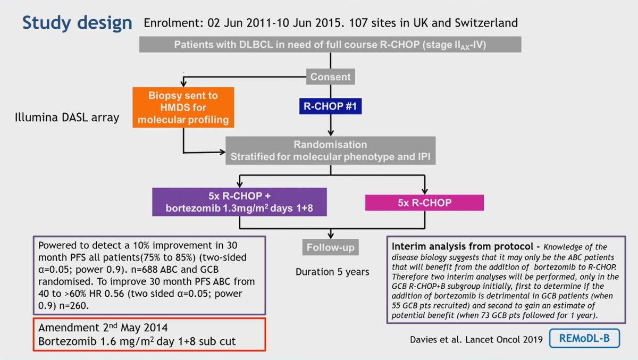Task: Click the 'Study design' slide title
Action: (77, 23)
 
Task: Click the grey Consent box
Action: (330, 77)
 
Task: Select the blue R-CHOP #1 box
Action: (330, 106)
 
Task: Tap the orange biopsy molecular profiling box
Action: (183, 107)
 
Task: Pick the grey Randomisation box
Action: (330, 150)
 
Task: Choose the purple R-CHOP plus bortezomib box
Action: (239, 202)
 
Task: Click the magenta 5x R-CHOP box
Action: (424, 203)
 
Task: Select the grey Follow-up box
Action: (330, 247)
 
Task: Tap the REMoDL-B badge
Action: (584, 338)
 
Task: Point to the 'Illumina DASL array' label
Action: (67, 118)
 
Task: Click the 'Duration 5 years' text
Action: (332, 272)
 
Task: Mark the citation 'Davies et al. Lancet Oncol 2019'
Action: (476, 339)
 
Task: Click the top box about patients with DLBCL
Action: (330, 45)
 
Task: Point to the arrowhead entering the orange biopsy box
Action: (183, 85)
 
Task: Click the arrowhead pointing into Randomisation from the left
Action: (222, 152)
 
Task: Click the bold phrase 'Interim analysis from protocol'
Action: (462, 246)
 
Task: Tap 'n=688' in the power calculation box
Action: (144, 270)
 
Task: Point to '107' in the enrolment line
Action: (358, 23)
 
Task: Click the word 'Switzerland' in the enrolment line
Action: (486, 23)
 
